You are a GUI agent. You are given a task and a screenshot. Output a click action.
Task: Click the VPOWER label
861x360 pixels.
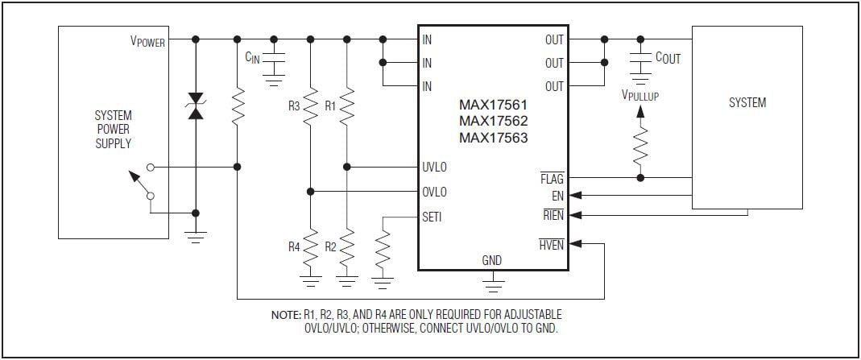pos(148,40)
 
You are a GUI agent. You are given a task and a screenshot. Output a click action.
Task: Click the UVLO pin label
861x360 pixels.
pos(434,168)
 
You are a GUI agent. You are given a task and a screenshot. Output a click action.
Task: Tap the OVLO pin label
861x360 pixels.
pos(434,192)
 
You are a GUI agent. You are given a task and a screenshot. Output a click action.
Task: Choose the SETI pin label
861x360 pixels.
pos(432,217)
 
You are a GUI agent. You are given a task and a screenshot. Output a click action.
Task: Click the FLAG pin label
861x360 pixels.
pos(552,178)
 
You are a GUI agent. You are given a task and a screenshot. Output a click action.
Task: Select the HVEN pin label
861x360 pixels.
pos(552,245)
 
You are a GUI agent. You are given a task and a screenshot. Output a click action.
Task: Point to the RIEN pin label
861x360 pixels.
pos(553,215)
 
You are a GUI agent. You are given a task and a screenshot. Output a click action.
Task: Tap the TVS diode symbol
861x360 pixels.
pos(195,106)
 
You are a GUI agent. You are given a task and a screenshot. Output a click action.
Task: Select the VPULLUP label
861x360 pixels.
pos(640,95)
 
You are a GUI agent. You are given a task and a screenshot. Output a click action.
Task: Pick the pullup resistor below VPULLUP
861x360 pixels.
pos(640,147)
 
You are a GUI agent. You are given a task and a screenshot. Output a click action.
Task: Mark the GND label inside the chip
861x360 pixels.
pos(491,260)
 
